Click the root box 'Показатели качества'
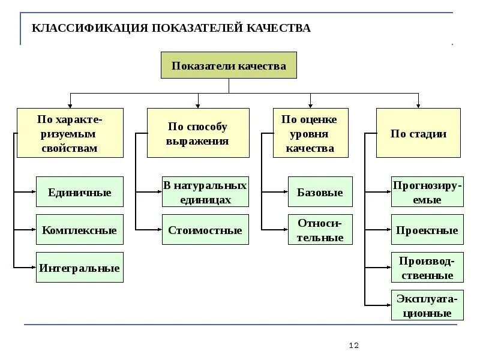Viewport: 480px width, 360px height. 229,65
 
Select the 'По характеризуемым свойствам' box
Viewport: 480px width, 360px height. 70,133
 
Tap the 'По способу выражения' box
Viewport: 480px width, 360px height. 198,133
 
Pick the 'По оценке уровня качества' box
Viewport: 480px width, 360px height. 310,133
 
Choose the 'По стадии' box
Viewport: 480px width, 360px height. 418,133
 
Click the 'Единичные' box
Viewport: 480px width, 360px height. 80,192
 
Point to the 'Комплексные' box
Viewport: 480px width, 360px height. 80,230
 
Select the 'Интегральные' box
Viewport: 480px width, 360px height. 80,268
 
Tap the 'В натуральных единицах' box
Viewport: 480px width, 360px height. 205,192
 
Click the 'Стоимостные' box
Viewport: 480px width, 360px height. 205,230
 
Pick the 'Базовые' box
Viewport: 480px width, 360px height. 320,192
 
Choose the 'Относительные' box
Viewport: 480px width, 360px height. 320,230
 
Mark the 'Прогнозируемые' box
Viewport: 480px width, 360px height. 427,192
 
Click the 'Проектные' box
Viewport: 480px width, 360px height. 427,230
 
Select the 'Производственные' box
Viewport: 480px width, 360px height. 427,268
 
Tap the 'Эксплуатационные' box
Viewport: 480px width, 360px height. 427,305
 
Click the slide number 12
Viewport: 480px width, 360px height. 353,346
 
